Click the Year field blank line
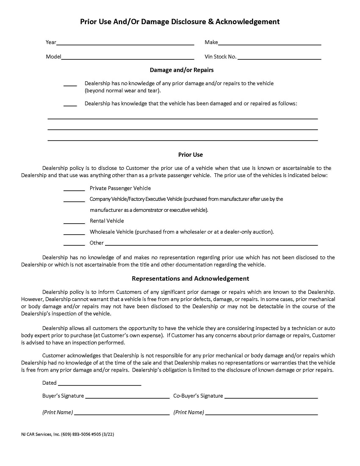coord(125,44)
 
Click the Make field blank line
coord(269,44)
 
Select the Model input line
coord(127,58)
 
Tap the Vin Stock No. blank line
coord(279,58)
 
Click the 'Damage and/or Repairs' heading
coord(182,70)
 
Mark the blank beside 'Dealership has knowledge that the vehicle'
coord(70,105)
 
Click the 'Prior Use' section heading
coord(190,155)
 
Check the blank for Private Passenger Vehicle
coord(74,189)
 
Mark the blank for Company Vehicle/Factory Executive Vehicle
coord(74,200)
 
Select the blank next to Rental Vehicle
coord(74,222)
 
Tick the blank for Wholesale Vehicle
coord(74,233)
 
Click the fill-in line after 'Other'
coord(211,244)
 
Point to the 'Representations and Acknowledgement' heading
coord(190,279)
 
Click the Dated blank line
coord(99,384)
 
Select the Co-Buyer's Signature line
coord(271,397)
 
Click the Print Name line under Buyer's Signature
coord(122,414)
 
